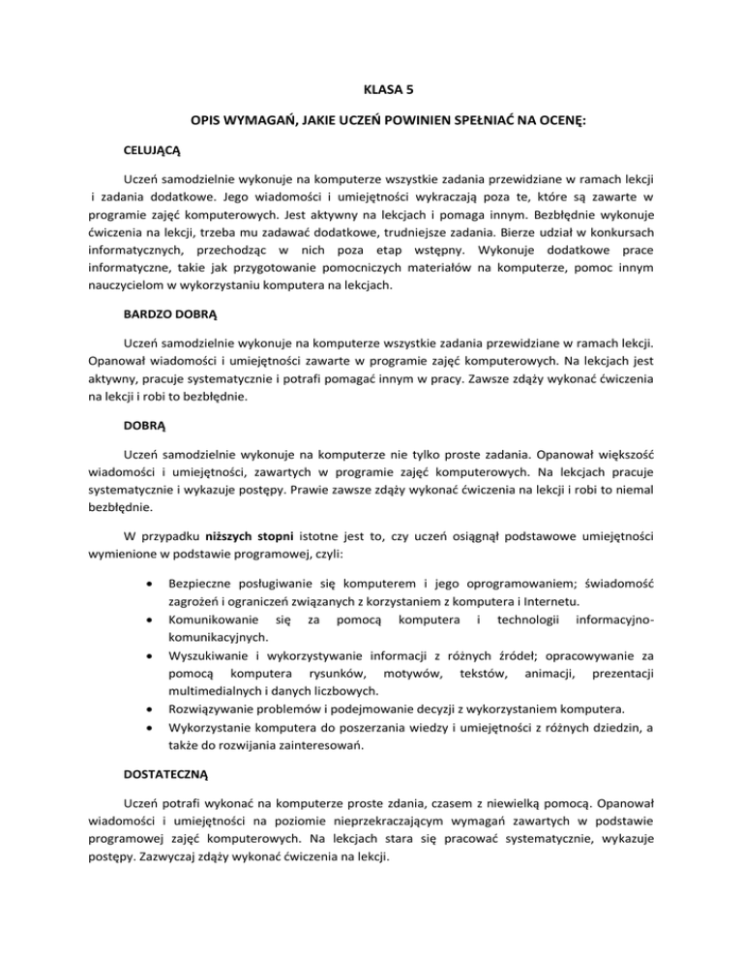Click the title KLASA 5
coord(371,88)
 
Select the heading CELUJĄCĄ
coord(153,152)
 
